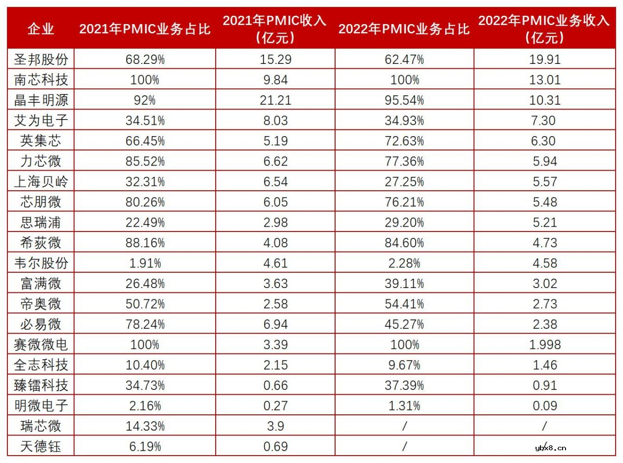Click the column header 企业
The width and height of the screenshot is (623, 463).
41,29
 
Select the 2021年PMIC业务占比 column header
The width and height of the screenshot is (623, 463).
144,29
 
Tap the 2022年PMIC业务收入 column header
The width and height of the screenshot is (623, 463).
544,29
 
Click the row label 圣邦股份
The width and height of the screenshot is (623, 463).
41,59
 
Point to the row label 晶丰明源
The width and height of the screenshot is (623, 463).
41,100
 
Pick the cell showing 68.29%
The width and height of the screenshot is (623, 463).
144,59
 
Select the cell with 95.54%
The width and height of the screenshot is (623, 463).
404,100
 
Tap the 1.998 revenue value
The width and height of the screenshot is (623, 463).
544,345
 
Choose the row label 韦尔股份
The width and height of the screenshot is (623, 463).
41,263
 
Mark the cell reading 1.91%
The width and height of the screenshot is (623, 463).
144,263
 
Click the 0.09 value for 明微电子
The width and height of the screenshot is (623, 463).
544,405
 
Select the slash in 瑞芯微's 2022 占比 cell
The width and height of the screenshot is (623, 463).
404,426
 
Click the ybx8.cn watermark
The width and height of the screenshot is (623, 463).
550,447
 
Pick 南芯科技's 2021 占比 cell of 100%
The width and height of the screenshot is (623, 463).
144,80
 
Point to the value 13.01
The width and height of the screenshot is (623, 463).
544,80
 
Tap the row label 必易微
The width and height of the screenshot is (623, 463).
41,324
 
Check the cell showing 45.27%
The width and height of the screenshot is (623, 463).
404,324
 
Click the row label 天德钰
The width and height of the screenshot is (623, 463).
41,447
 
